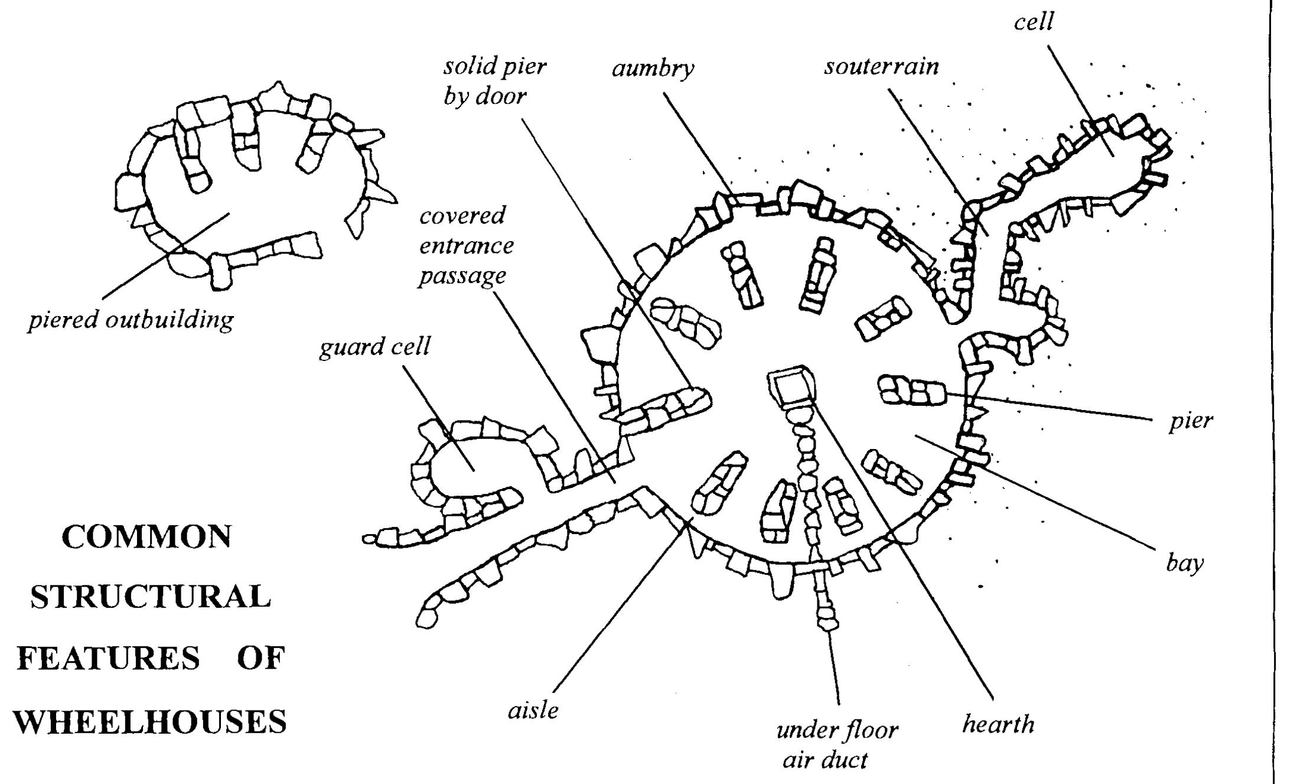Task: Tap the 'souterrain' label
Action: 882,66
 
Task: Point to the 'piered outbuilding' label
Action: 131,320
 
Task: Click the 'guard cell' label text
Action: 374,347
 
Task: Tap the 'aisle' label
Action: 533,710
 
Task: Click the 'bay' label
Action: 1184,564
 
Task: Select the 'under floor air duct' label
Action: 836,744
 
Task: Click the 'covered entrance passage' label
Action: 465,246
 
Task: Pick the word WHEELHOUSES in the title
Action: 150,721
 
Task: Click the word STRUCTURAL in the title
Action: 151,597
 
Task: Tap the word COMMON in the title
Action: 146,536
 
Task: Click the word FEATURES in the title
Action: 108,658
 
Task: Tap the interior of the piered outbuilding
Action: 254,201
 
